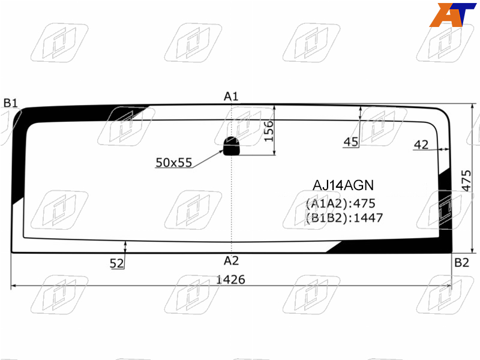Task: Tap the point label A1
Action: click(x=231, y=97)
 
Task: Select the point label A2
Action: click(x=231, y=261)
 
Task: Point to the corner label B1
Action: click(x=11, y=103)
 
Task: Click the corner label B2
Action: click(x=461, y=263)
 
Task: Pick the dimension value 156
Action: click(x=268, y=131)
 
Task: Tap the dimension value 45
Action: click(x=351, y=142)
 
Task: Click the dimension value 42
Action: click(x=421, y=145)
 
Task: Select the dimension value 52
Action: click(x=116, y=263)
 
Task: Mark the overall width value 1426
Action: click(x=231, y=280)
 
